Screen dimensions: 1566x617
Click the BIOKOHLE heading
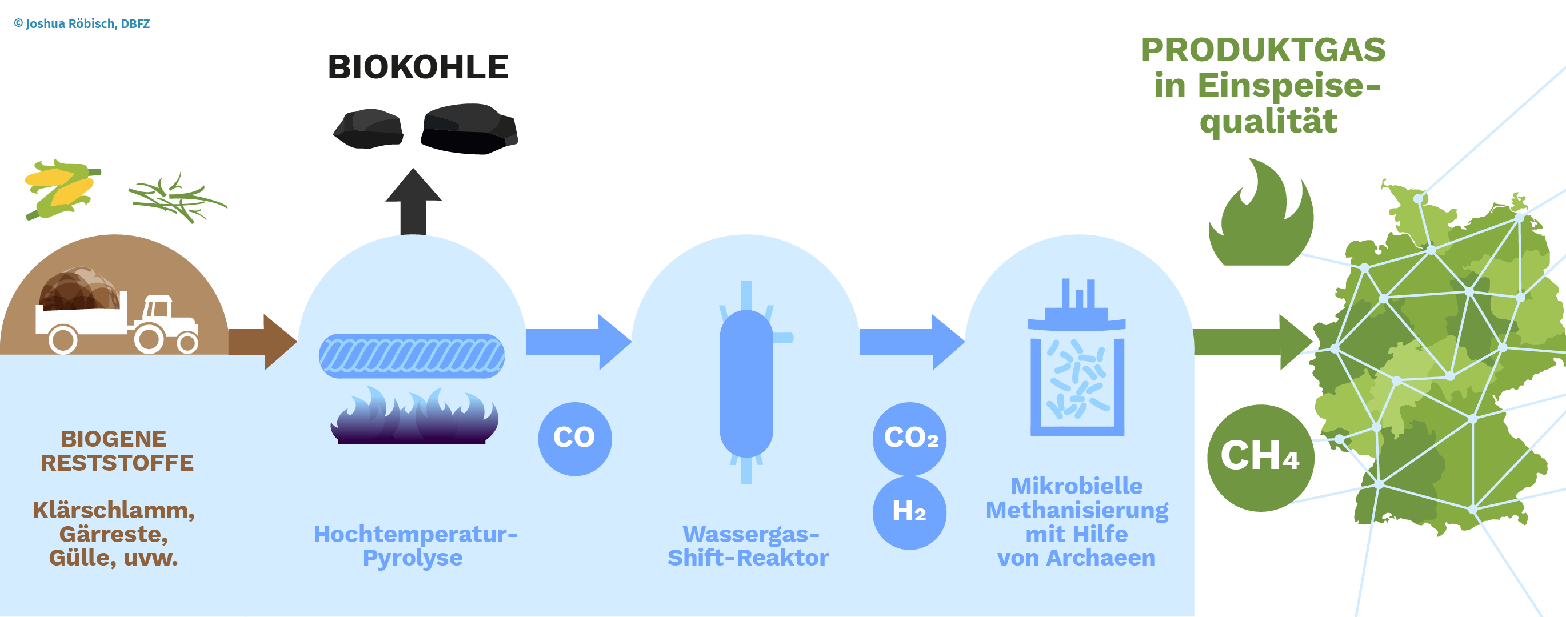[418, 67]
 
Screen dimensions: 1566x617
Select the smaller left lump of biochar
[369, 129]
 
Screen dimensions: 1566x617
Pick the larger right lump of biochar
[469, 129]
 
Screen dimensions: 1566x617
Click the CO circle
[574, 439]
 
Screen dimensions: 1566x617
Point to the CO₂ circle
[909, 439]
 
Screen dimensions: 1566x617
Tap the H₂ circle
[909, 512]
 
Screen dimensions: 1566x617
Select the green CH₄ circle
[1261, 458]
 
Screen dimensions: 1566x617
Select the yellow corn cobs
[61, 189]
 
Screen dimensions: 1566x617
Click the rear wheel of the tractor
[149, 338]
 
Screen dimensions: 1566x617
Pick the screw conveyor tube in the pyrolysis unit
[412, 356]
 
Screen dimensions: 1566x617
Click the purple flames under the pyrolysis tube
[414, 415]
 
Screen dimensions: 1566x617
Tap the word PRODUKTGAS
[1263, 50]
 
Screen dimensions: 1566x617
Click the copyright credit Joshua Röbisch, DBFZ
[82, 23]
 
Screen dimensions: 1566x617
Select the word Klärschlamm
[114, 511]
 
